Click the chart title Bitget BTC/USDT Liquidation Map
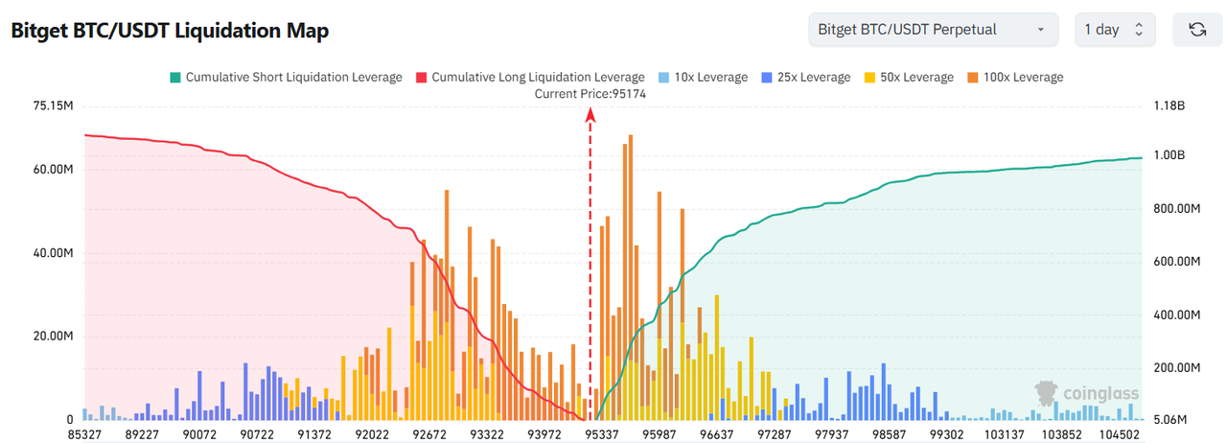(x=170, y=31)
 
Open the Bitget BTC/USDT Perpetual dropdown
(x=933, y=30)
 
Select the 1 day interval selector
(x=1114, y=30)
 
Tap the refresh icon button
(x=1197, y=30)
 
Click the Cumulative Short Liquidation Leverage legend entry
(x=286, y=77)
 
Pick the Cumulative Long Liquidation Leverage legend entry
(x=530, y=77)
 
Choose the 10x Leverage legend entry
(x=703, y=77)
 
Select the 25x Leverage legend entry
(x=805, y=77)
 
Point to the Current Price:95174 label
(x=590, y=93)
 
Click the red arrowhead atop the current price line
(x=590, y=115)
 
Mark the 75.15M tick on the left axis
(x=54, y=105)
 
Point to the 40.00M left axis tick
(x=54, y=254)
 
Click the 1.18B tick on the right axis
(x=1170, y=105)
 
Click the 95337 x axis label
(x=602, y=434)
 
